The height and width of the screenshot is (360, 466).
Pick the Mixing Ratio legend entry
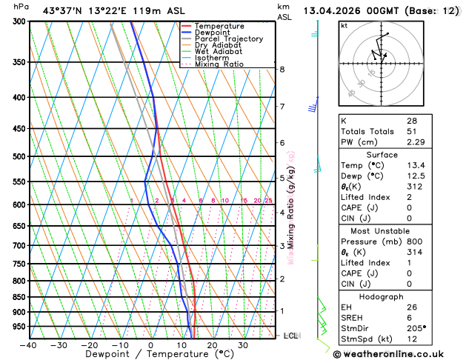coord(217,64)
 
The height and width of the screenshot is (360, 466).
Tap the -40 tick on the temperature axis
coord(29,345)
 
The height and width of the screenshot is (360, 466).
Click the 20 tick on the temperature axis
coord(212,345)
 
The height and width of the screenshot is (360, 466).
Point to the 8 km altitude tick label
coord(282,70)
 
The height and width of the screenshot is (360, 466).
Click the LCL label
coord(291,336)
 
